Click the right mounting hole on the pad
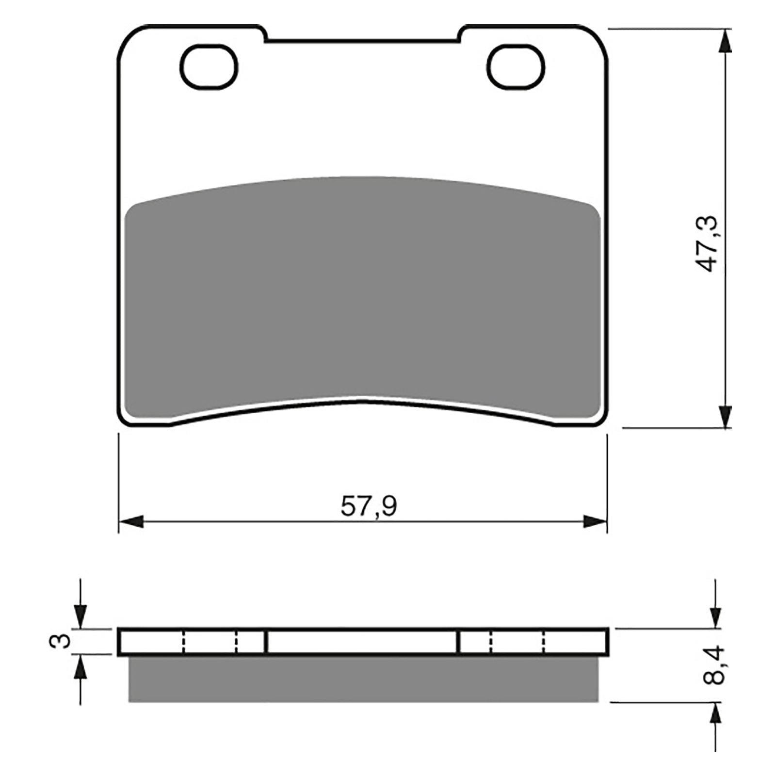click(x=516, y=67)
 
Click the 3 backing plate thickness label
click(x=60, y=642)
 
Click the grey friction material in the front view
click(x=363, y=291)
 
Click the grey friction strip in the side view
click(x=363, y=679)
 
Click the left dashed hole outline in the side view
click(x=210, y=642)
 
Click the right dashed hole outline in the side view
click(x=517, y=642)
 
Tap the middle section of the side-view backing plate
click(x=363, y=642)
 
